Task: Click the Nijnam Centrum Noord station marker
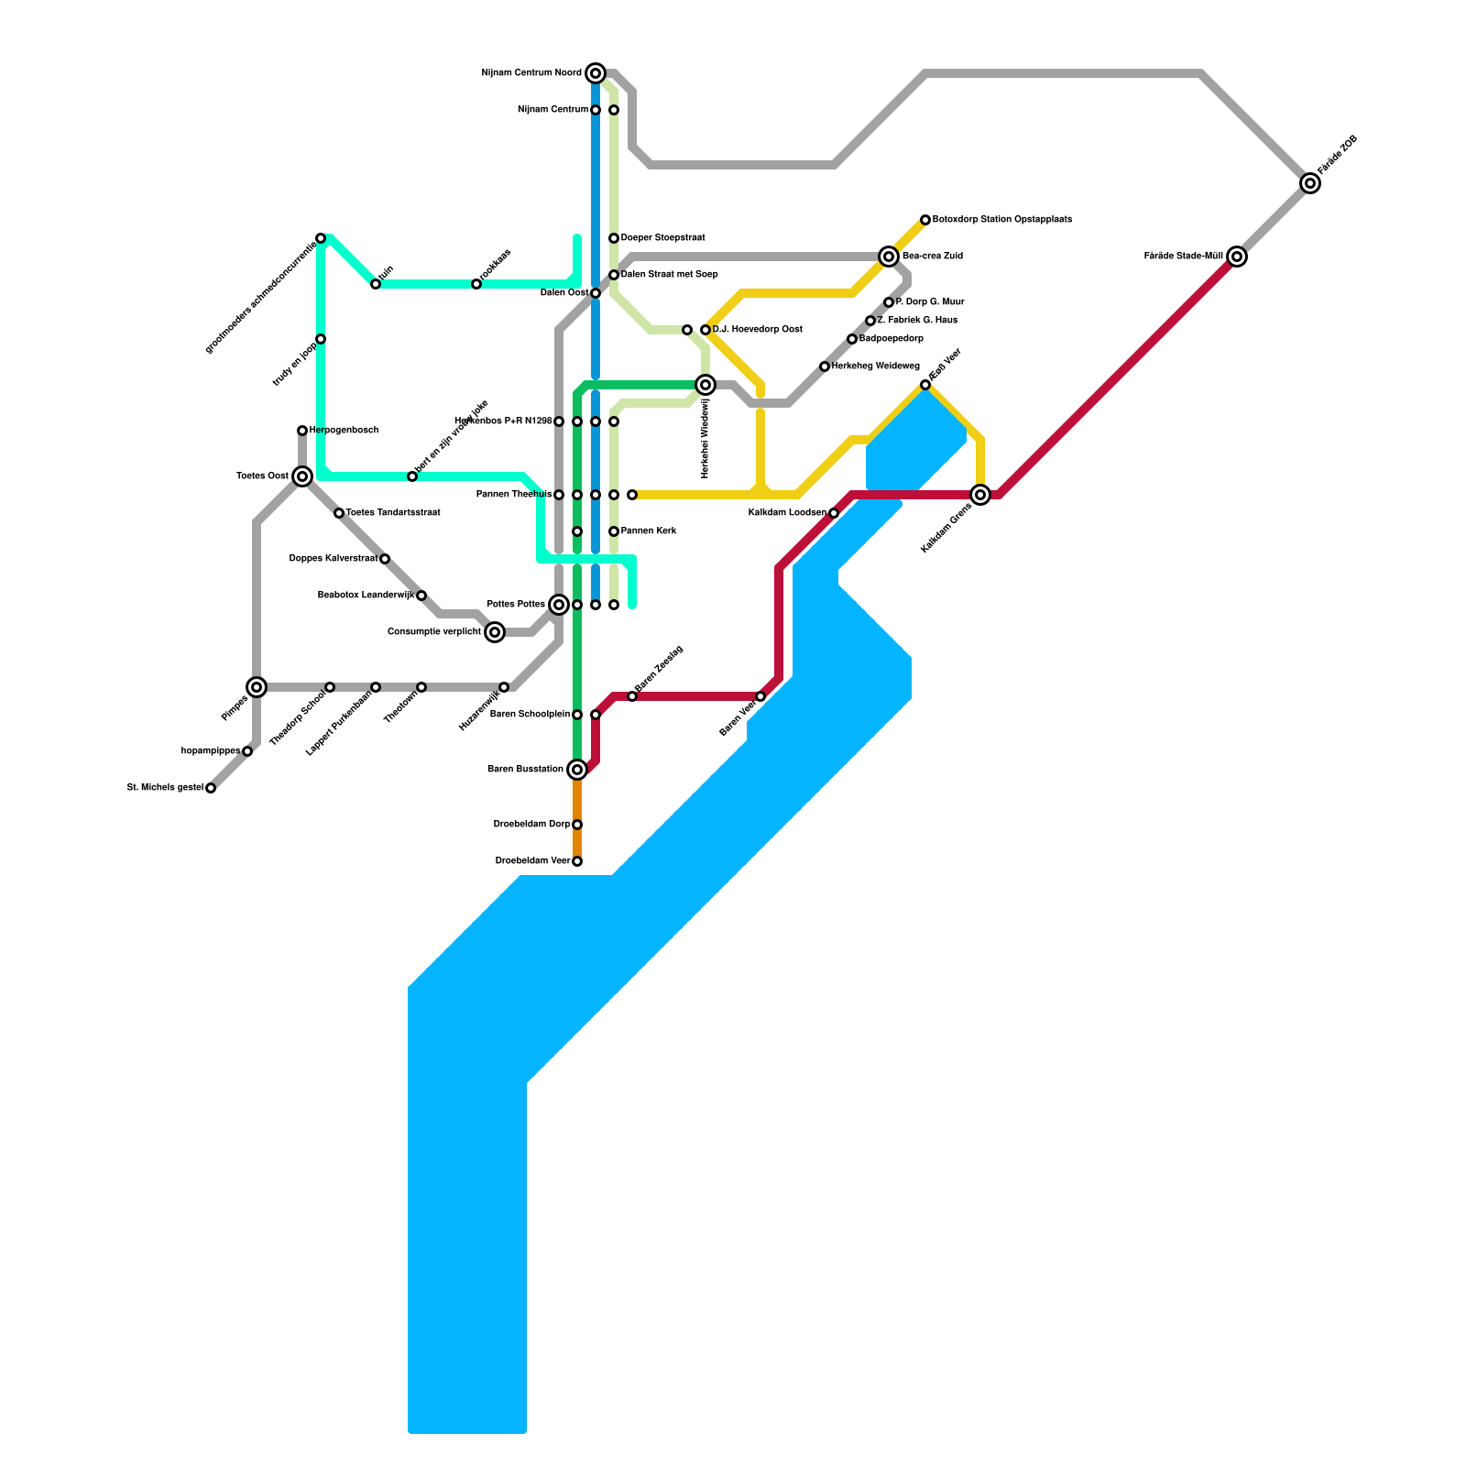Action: pyautogui.click(x=596, y=73)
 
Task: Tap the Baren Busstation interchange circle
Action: pyautogui.click(x=577, y=770)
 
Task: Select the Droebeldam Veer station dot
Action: pyautogui.click(x=577, y=861)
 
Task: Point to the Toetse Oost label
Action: pyautogui.click(x=262, y=476)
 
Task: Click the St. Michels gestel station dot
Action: pyautogui.click(x=211, y=788)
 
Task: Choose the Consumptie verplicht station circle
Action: pyautogui.click(x=495, y=632)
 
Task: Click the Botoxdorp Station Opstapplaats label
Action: pyautogui.click(x=1001, y=220)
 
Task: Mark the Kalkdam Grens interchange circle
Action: pyautogui.click(x=980, y=495)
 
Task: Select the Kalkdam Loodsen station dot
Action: pyautogui.click(x=834, y=513)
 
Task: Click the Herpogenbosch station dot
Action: pyautogui.click(x=302, y=431)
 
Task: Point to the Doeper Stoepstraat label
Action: pyautogui.click(x=662, y=238)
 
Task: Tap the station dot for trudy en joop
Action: pyautogui.click(x=321, y=339)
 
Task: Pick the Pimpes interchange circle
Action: pyautogui.click(x=257, y=687)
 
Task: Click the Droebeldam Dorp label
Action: pyautogui.click(x=531, y=825)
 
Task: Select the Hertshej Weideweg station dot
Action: pyautogui.click(x=825, y=366)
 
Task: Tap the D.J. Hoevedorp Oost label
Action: pyautogui.click(x=757, y=330)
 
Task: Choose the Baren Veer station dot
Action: pyautogui.click(x=760, y=696)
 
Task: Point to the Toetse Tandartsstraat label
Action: pyautogui.click(x=393, y=513)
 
